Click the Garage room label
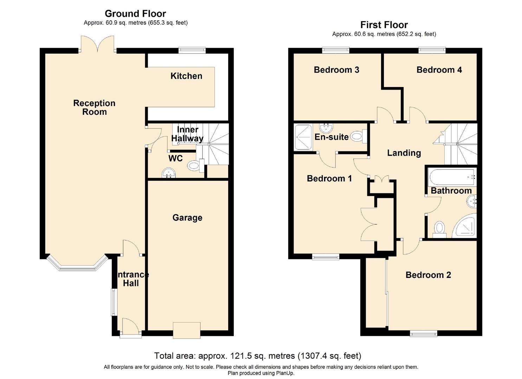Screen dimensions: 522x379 click(187, 218)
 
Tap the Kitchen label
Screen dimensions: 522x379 click(186, 76)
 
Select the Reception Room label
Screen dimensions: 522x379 click(94, 107)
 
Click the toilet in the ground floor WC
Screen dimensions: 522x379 click(194, 165)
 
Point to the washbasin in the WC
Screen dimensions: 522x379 click(168, 173)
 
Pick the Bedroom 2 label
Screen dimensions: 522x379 click(428, 275)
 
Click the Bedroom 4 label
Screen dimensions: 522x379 click(439, 70)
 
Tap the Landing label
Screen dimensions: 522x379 click(404, 153)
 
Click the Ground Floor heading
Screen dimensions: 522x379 click(135, 14)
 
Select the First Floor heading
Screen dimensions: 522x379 click(384, 25)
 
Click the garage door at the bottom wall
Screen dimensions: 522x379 click(187, 330)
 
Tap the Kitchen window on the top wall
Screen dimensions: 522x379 click(192, 51)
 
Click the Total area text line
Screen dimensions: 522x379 click(258, 356)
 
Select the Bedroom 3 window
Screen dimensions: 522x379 click(336, 51)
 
